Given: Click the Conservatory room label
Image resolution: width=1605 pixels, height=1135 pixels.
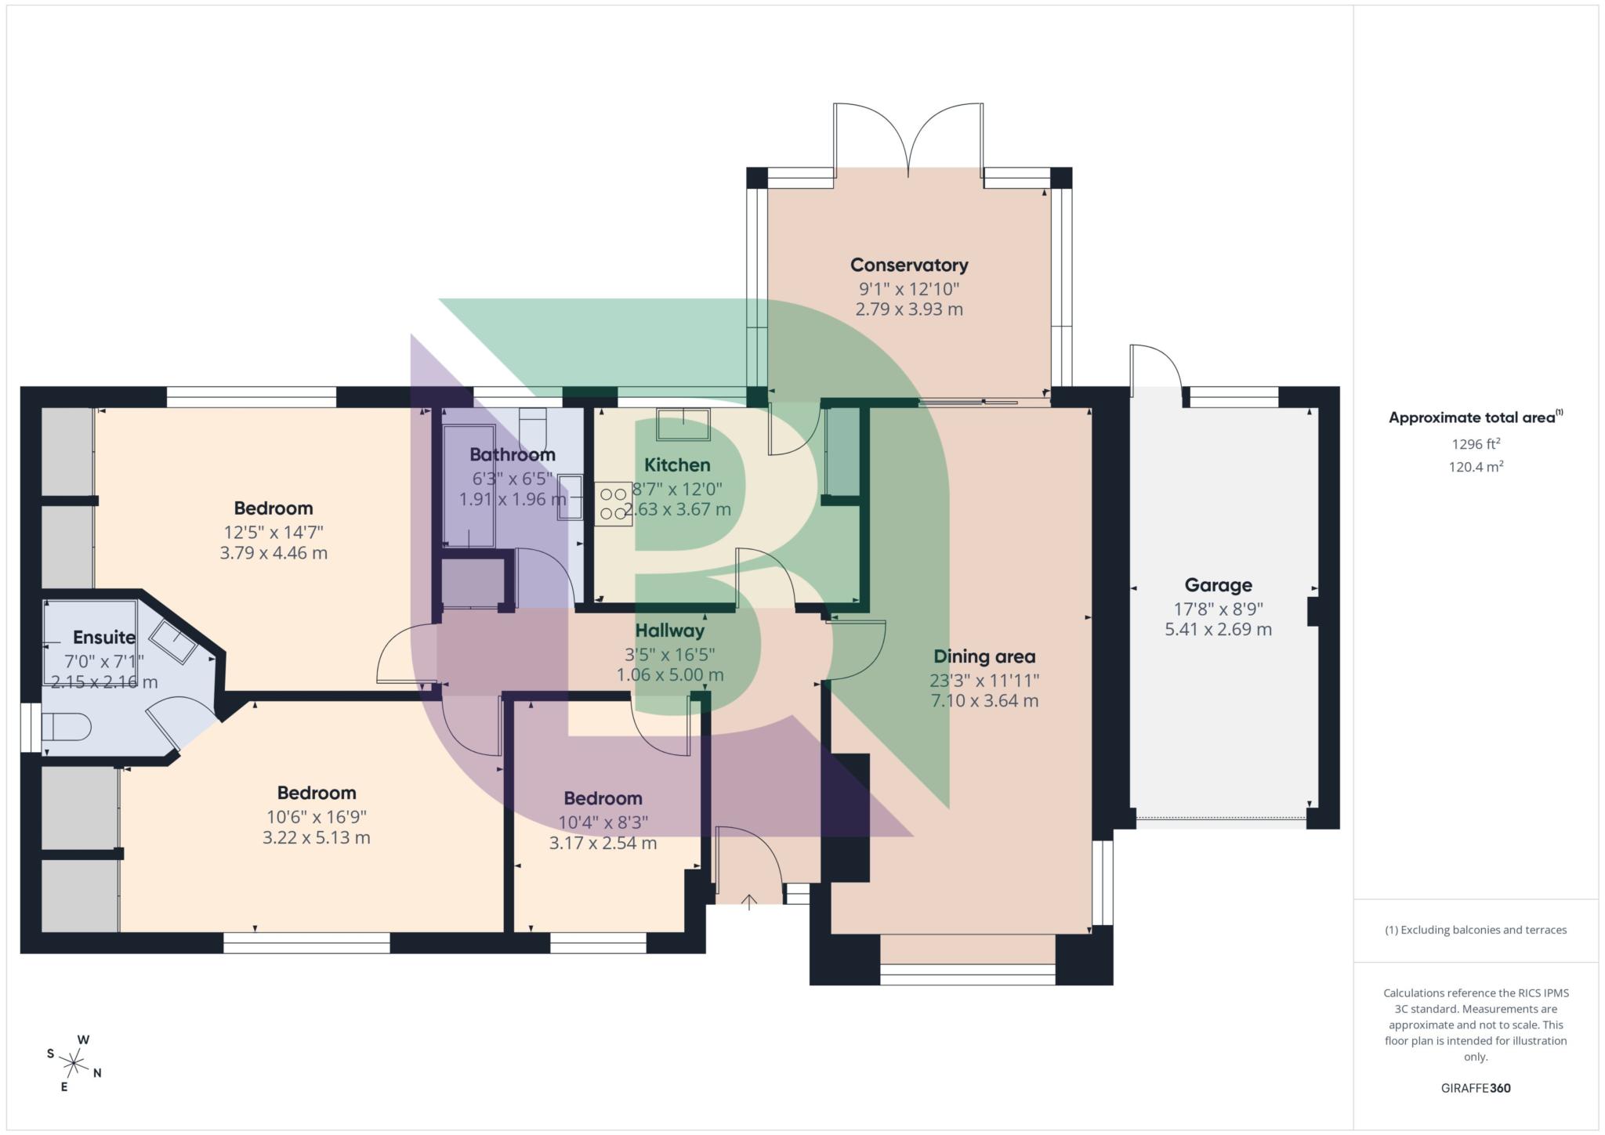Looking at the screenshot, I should tap(909, 265).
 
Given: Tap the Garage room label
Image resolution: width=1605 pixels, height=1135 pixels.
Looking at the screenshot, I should tap(1218, 585).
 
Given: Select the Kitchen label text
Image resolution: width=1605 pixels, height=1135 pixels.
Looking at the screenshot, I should tap(677, 465).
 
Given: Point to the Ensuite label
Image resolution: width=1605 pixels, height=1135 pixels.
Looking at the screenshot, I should tap(104, 637).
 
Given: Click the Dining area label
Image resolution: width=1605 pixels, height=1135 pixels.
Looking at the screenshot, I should tap(984, 656).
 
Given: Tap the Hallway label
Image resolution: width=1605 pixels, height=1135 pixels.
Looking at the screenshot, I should tap(669, 631).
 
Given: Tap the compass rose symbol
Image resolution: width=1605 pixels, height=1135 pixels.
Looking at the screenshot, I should tap(74, 1063).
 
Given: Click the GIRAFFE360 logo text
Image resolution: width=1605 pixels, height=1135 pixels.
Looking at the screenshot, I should tap(1476, 1088).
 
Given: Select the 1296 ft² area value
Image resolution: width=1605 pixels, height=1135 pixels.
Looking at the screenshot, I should tap(1476, 444).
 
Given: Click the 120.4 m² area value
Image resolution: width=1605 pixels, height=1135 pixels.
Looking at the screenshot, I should tap(1476, 467).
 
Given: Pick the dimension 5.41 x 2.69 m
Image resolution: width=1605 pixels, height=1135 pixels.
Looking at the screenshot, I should tap(1218, 630).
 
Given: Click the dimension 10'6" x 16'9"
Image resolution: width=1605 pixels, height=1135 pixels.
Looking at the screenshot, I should tap(316, 817).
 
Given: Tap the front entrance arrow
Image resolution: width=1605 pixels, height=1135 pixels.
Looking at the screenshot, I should tap(749, 902).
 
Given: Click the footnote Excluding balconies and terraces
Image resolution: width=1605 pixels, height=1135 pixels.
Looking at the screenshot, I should tap(1476, 930).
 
